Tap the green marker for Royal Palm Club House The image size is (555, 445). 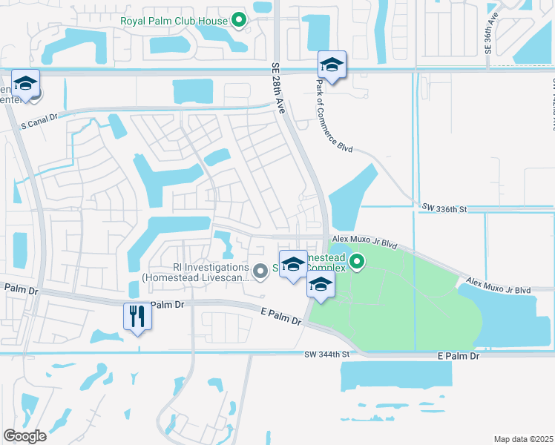tap(238, 20)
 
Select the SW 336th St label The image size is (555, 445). tap(442, 209)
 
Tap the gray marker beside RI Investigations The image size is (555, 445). tap(260, 272)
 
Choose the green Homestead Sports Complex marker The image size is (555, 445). tap(357, 261)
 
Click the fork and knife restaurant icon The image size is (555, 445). tap(137, 317)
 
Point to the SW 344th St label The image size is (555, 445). tap(326, 355)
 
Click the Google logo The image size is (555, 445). tap(24, 435)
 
